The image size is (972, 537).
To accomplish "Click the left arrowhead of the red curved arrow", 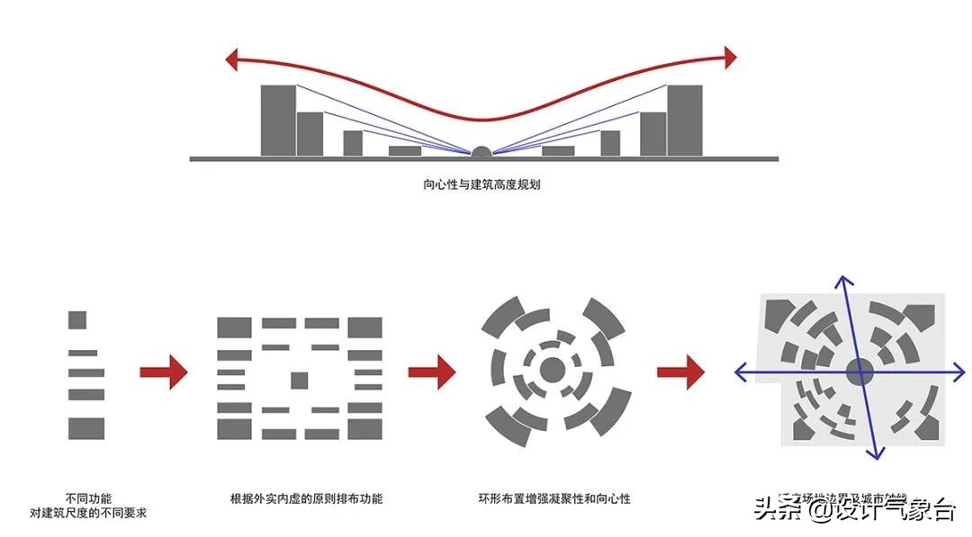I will click(230, 61).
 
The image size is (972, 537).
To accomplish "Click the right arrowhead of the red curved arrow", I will click(730, 57).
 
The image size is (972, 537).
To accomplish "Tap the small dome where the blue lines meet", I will click(481, 152).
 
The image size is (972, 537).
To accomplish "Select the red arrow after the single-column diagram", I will click(163, 370).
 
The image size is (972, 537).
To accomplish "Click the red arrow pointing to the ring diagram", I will click(432, 370).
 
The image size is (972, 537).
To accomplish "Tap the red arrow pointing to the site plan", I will click(680, 370).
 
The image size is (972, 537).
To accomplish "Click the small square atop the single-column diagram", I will click(77, 319).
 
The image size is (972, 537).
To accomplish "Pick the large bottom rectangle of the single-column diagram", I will click(86, 428).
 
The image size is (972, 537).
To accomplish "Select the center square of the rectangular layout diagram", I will click(300, 380).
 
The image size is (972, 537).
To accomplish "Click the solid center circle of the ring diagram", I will click(552, 369).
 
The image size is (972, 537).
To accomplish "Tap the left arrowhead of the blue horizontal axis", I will click(741, 371).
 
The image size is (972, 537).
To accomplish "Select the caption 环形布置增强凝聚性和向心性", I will click(554, 497).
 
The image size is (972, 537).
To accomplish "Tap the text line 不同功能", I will click(88, 497).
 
